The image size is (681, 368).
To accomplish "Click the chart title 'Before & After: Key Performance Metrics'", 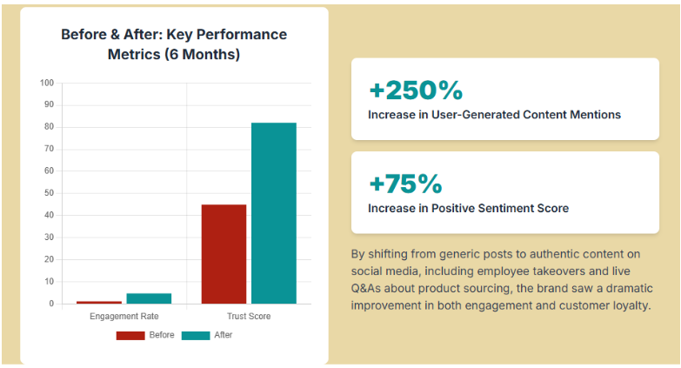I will click(x=174, y=44).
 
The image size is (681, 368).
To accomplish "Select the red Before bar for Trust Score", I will click(x=224, y=254).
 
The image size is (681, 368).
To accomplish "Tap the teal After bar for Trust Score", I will click(x=274, y=213).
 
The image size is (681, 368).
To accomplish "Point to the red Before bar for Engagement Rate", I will click(x=98, y=302).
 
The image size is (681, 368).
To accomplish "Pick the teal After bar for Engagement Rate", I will click(x=149, y=298).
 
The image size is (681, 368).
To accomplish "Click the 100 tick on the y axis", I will click(x=47, y=84).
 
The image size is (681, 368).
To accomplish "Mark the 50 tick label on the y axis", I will click(x=49, y=193).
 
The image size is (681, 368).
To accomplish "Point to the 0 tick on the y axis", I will click(x=51, y=304).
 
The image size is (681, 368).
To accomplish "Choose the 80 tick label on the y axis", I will click(x=49, y=127).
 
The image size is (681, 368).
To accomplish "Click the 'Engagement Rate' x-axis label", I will click(x=124, y=316).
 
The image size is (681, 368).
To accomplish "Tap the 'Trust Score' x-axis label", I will click(x=249, y=316).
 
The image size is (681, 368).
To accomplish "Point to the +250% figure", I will click(x=416, y=90).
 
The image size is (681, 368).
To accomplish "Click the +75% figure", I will click(x=405, y=184).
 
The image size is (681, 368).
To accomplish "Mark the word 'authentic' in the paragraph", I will click(x=540, y=254).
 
